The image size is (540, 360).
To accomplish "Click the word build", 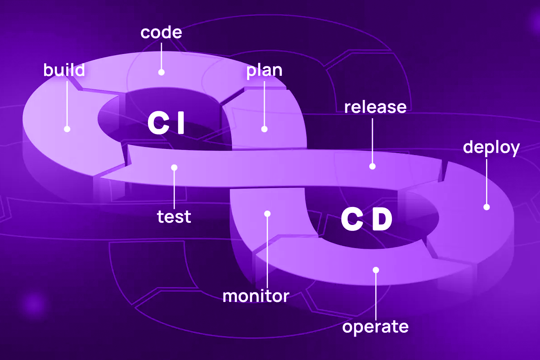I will coord(64,71).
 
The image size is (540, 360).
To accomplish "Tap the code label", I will coord(161,33).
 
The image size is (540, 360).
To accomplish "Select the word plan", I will coord(264,72).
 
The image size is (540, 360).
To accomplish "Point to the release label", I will coord(375,108).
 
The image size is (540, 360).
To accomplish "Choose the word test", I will coord(174,217).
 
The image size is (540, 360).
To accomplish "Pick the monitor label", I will coord(256,297).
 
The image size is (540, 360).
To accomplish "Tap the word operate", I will coord(375,327).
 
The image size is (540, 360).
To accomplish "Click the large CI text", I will coord(166,124).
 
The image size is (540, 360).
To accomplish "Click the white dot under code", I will coord(161,72).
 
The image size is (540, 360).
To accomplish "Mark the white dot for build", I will coord(67,129).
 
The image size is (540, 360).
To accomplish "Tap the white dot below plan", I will coord(265,129).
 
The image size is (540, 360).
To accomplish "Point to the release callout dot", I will coord(372,166).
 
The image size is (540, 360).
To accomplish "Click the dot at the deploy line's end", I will coord(486,207).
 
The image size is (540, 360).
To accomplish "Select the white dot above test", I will coord(174,167).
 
